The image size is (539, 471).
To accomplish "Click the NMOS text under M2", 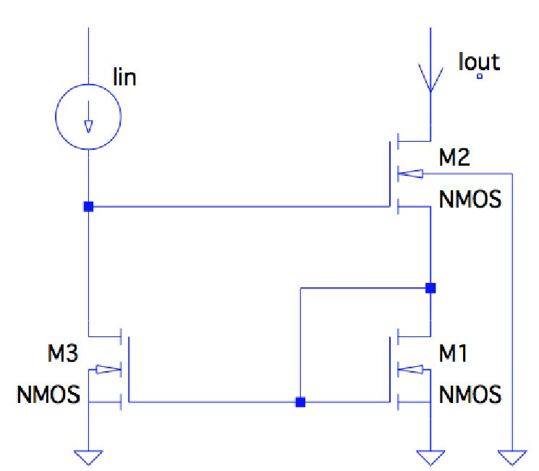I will [x=470, y=200].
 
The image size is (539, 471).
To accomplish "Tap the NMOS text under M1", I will [x=470, y=394].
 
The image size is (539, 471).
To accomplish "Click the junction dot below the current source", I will [x=88, y=207].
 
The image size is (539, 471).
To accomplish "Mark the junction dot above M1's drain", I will [x=430, y=288].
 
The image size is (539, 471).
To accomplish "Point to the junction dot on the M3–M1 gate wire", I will [x=300, y=402].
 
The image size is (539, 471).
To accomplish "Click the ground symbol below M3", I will [x=88, y=457].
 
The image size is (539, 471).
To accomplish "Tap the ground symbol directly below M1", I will [x=430, y=457].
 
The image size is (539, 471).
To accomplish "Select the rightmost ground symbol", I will [x=512, y=457].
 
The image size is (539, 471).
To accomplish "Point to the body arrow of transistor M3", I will [x=108, y=369].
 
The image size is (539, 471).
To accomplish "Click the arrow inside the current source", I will [x=88, y=125].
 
